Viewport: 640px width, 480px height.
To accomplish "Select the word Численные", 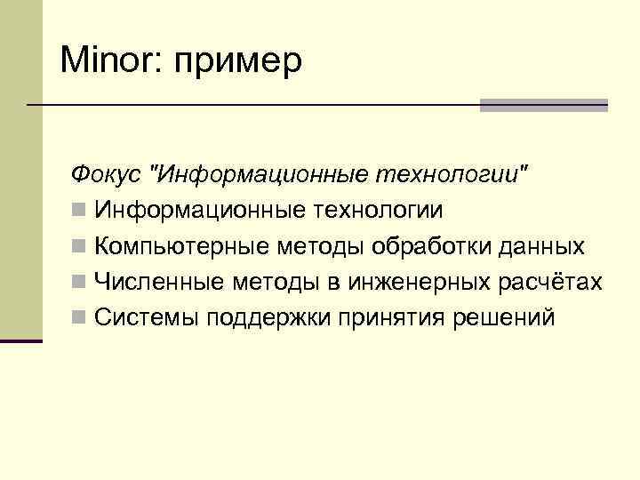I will point(160,283).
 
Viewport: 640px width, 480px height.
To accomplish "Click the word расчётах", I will point(550,283).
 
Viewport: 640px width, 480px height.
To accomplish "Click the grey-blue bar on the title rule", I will point(543,105).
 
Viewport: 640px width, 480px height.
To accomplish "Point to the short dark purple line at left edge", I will point(21,340).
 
